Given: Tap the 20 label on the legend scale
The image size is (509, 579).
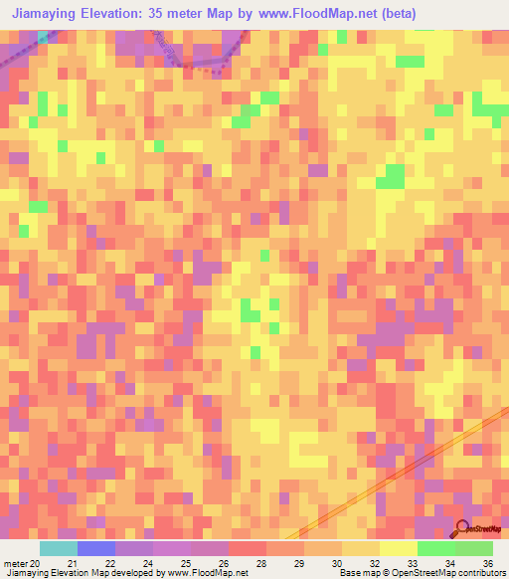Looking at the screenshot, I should (x=34, y=562).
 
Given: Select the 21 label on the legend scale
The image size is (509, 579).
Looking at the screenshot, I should (x=72, y=562).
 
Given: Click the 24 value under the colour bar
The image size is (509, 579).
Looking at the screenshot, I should (x=148, y=562).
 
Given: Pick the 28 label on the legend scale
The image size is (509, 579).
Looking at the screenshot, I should (x=261, y=562).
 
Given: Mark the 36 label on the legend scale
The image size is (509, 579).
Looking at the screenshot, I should (x=487, y=562).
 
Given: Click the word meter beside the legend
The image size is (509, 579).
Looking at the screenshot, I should (x=15, y=562).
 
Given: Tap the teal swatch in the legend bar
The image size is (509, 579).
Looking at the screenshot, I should (x=58, y=548).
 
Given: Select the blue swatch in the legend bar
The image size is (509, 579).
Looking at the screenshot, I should (x=95, y=548).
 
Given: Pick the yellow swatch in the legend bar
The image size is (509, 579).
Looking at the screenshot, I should (x=398, y=548).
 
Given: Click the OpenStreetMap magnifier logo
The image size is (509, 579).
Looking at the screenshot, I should (x=462, y=527).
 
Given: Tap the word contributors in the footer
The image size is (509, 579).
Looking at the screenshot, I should (x=481, y=573).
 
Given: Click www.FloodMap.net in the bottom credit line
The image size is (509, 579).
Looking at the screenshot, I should (x=211, y=573).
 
